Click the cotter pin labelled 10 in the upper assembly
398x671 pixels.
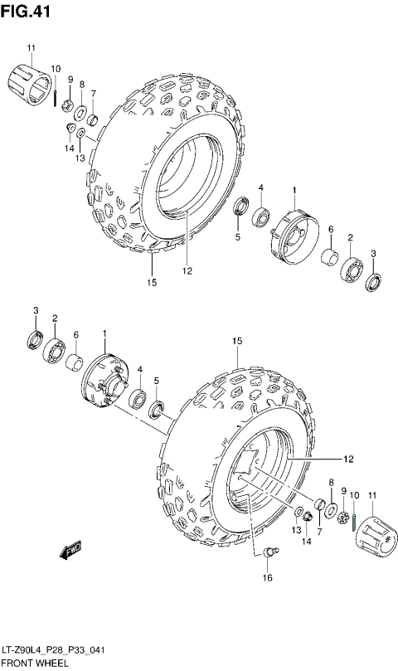pos(55,96)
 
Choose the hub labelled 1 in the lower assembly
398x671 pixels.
pos(104,382)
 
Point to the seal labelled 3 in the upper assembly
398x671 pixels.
pos(373,283)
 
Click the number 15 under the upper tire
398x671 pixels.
pos(153,283)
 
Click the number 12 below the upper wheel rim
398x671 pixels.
pos(187,270)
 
